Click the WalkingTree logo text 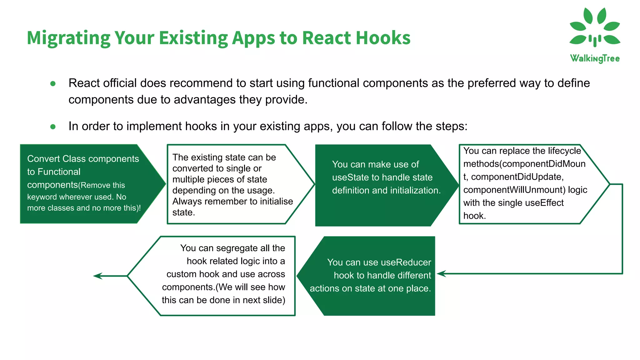pos(595,58)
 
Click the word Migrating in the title pos(68,38)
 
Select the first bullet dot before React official pos(53,83)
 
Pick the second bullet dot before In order pos(53,127)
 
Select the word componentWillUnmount pos(514,190)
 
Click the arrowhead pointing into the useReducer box pos(441,274)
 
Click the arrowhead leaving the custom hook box pos(98,276)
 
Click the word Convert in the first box pos(43,159)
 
